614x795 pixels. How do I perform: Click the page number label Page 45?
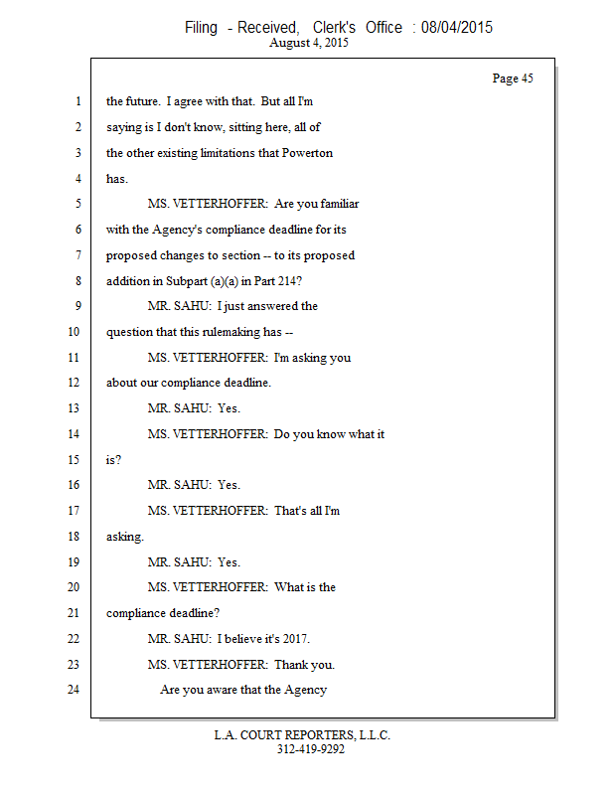coord(513,79)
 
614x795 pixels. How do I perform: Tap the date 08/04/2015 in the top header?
coord(456,27)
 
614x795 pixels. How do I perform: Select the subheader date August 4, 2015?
coord(308,44)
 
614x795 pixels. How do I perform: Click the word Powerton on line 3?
coord(307,153)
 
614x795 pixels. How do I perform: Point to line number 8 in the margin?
coord(77,281)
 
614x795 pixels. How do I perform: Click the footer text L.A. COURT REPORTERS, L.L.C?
coord(302,735)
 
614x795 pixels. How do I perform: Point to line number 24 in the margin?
coord(73,690)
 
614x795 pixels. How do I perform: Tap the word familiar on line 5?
coord(334,204)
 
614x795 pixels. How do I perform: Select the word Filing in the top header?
coord(201,27)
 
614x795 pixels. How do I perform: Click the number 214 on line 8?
coord(302,281)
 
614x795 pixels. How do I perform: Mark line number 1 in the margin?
coord(77,101)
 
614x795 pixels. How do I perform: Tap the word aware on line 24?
coord(231,690)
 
